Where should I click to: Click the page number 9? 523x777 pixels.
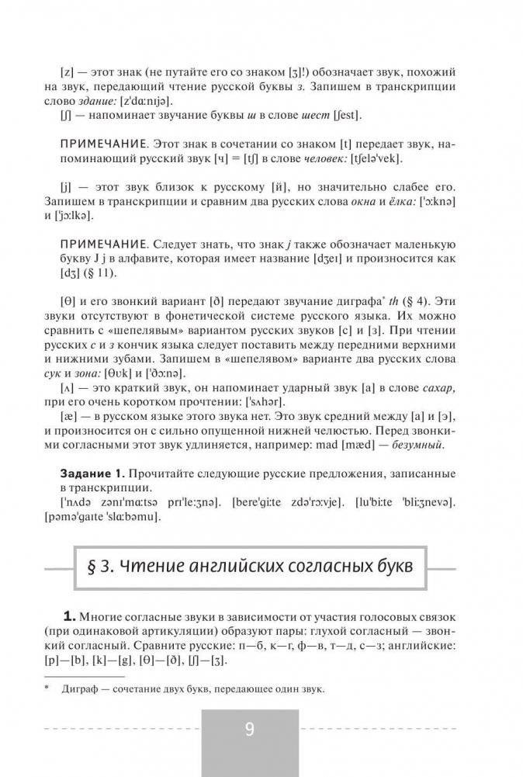coord(249,730)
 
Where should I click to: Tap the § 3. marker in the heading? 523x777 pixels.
coord(96,564)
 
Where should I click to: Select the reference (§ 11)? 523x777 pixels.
coord(106,272)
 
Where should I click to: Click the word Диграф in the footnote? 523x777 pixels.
coord(78,689)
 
